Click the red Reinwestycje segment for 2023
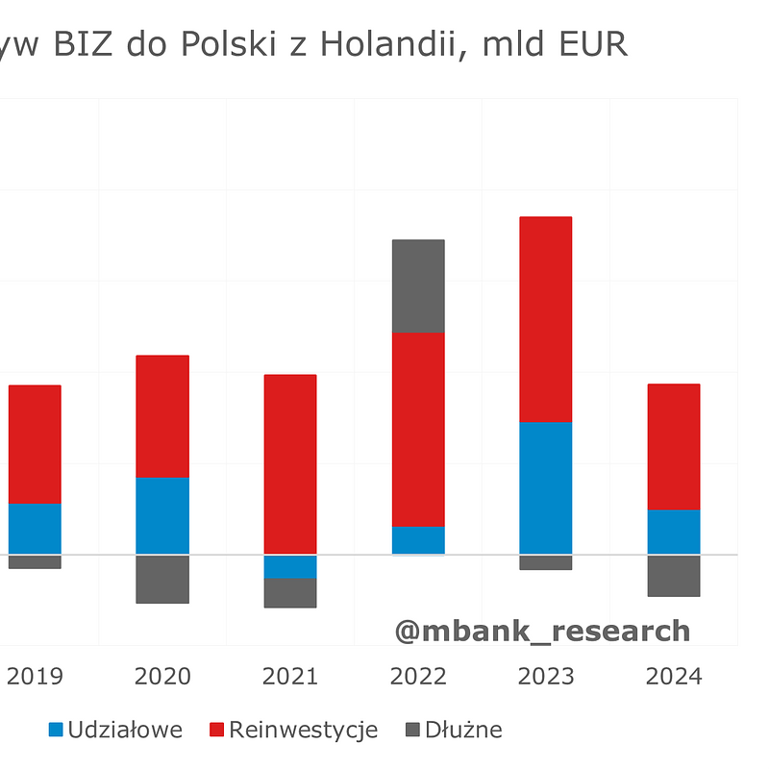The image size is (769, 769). pyautogui.click(x=545, y=319)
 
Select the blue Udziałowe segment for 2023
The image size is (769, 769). pyautogui.click(x=545, y=487)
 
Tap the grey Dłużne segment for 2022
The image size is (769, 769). pyautogui.click(x=418, y=285)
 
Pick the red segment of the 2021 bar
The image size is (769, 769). pyautogui.click(x=290, y=464)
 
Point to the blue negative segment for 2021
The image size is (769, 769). pyautogui.click(x=290, y=566)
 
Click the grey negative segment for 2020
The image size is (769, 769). pyautogui.click(x=162, y=579)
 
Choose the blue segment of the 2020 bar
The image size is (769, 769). pyautogui.click(x=162, y=515)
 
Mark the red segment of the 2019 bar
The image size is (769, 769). pyautogui.click(x=35, y=444)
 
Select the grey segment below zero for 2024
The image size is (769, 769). pyautogui.click(x=673, y=575)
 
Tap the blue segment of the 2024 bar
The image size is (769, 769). pyautogui.click(x=673, y=532)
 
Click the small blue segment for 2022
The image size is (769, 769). pyautogui.click(x=418, y=539)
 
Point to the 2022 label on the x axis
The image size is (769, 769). pyautogui.click(x=418, y=676)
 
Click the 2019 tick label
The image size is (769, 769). pyautogui.click(x=35, y=676)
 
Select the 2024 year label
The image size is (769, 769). pyautogui.click(x=673, y=676)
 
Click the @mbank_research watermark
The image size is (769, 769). pyautogui.click(x=542, y=631)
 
